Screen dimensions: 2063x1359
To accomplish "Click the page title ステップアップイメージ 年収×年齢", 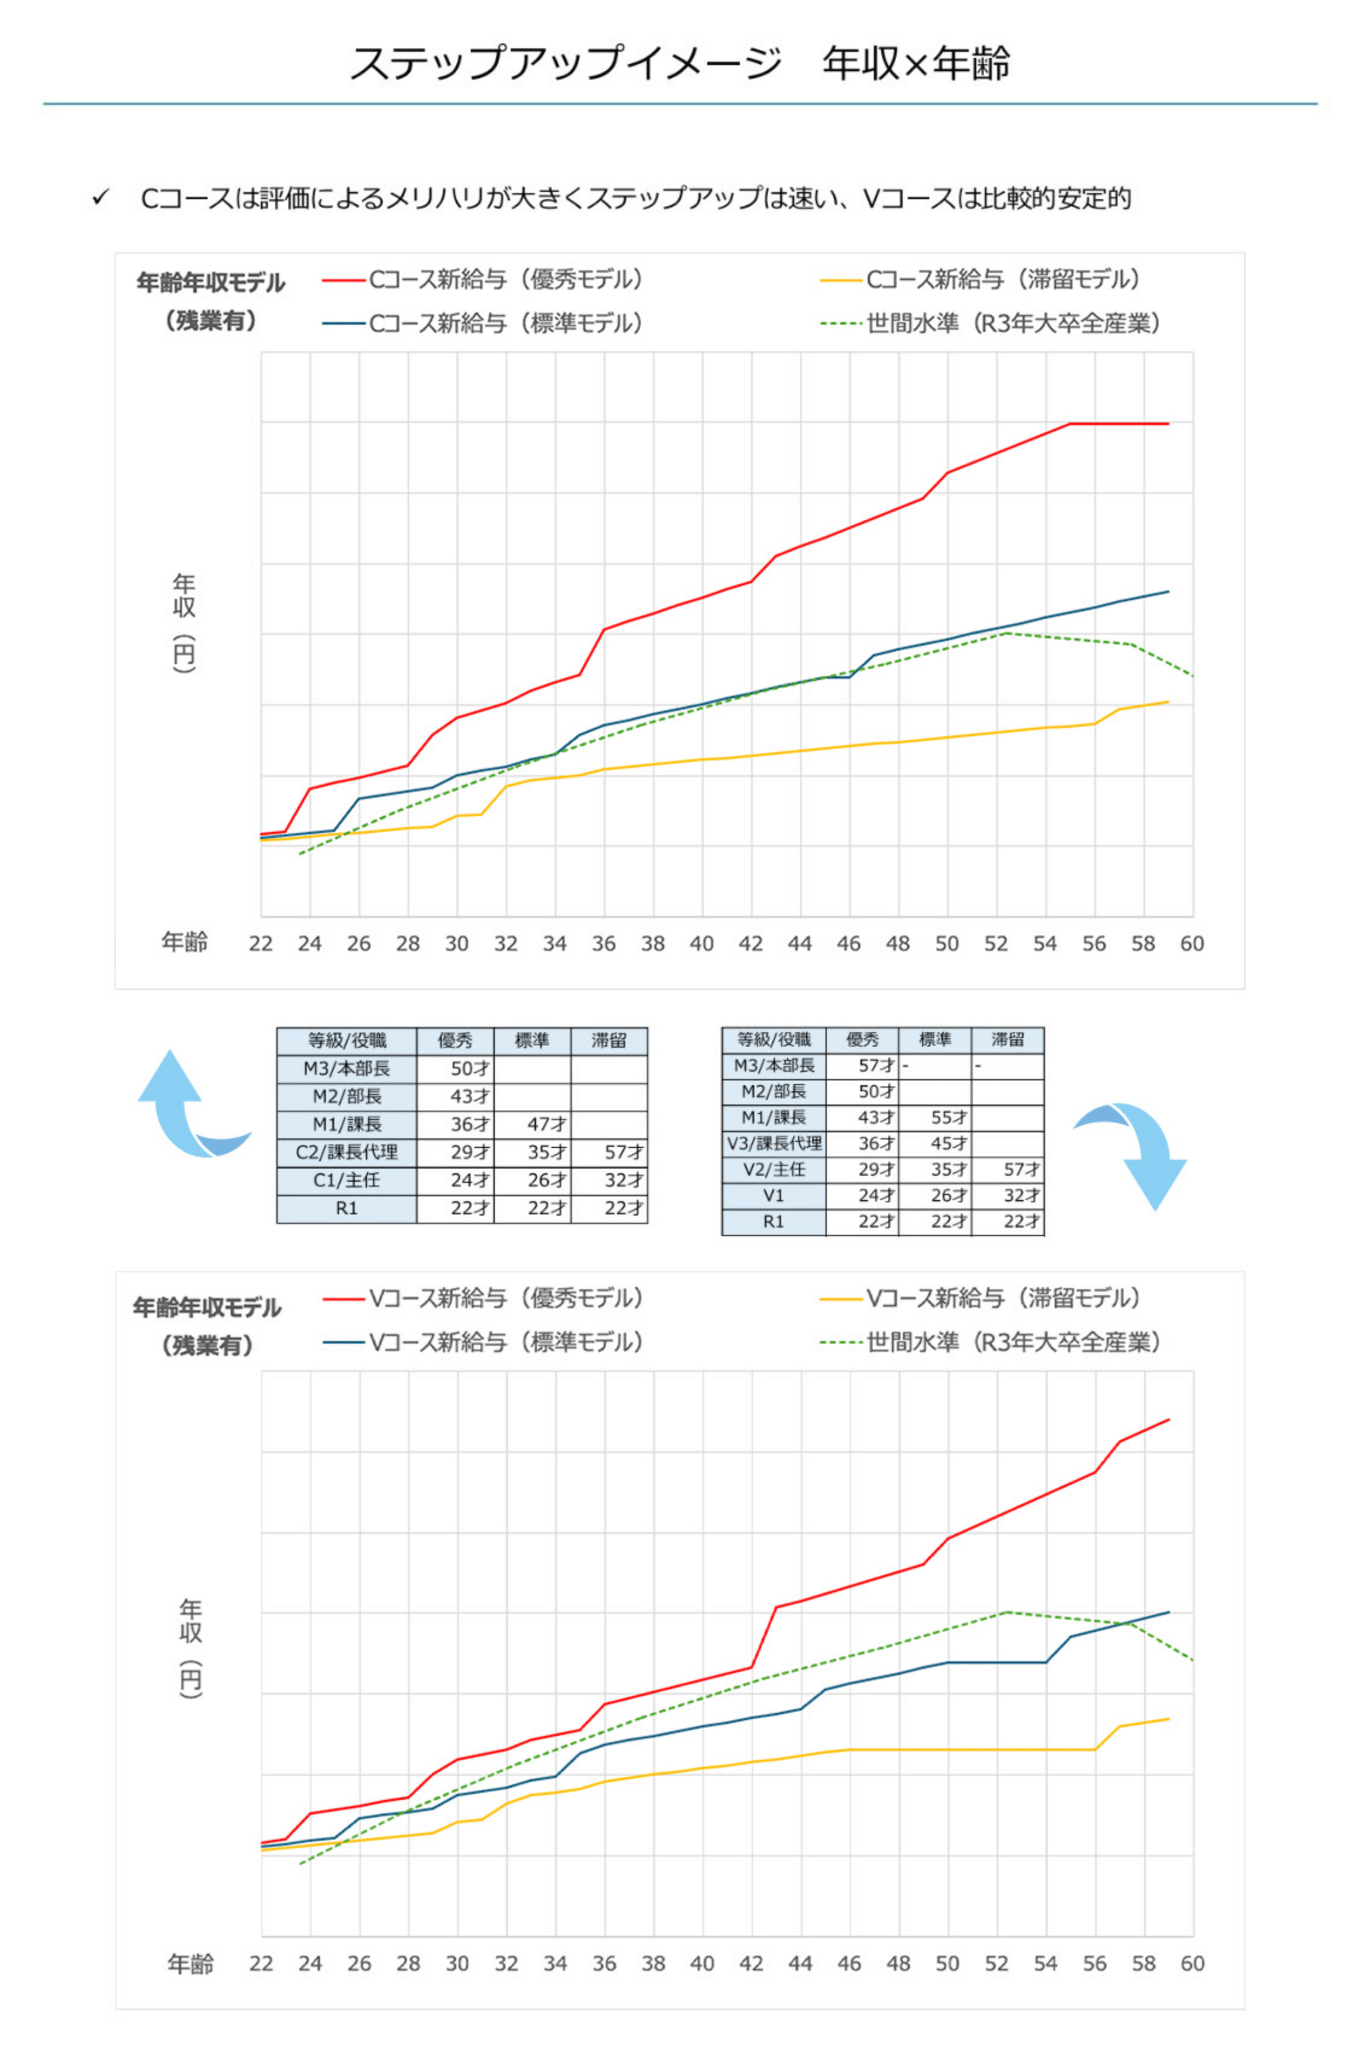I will (x=679, y=62).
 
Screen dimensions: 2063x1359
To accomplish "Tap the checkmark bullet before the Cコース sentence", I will (x=101, y=197).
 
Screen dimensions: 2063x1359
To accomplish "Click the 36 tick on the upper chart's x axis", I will (x=604, y=943).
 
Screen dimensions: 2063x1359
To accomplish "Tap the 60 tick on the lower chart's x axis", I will (x=1192, y=1963).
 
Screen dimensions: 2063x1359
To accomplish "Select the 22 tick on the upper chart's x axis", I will (x=261, y=943).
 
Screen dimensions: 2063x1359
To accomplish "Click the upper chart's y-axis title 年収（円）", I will (x=183, y=622).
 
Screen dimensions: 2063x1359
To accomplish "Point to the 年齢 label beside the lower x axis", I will (x=190, y=1963).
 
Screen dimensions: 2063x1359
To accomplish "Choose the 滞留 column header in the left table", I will (x=608, y=1040).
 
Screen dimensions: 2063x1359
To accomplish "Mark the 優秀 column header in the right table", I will (x=862, y=1039).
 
